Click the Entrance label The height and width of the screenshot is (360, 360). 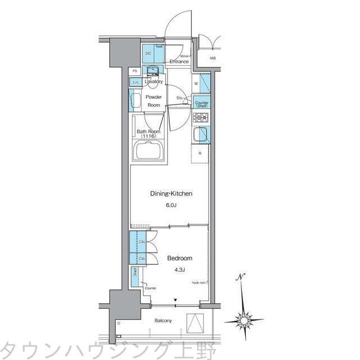tap(179, 62)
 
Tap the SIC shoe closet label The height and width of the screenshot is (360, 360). tap(148, 53)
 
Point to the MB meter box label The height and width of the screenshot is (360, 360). tap(213, 58)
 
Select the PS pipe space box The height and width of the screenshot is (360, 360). tap(135, 71)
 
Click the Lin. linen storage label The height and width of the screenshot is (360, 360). tap(135, 83)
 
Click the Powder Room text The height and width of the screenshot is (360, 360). tap(154, 101)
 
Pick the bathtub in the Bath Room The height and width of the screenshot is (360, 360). tap(149, 150)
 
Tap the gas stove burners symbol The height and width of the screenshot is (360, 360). tap(201, 118)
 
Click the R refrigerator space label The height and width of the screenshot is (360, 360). tap(200, 153)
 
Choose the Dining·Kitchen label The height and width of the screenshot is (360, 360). tap(171, 193)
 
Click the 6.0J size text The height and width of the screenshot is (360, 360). tap(171, 206)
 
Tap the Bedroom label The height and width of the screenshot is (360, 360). tap(179, 258)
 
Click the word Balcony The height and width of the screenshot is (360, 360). tap(164, 321)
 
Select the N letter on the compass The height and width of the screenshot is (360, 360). tap(241, 277)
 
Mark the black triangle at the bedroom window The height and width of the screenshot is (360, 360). tap(175, 300)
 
